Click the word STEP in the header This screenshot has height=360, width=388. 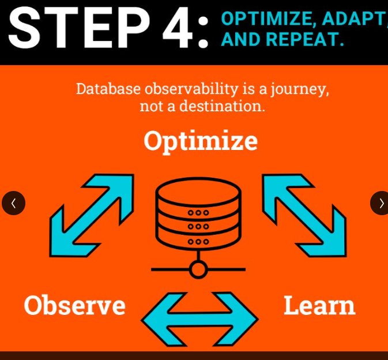click(79, 28)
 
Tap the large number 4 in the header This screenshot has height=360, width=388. click(178, 28)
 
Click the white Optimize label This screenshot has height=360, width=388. click(201, 142)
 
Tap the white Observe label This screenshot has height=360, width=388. click(74, 306)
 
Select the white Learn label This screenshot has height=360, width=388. click(319, 305)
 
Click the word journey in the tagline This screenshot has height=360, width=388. click(300, 89)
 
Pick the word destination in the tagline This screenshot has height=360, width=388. click(222, 106)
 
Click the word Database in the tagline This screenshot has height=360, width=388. click(108, 89)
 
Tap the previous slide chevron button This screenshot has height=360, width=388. click(14, 203)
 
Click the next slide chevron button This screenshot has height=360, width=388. click(380, 203)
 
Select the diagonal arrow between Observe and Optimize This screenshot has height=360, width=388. click(92, 215)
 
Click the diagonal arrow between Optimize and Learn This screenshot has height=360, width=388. click(304, 215)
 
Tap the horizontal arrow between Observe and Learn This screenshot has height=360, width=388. click(199, 320)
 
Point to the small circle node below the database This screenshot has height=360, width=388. click(198, 269)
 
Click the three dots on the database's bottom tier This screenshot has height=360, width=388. click(198, 242)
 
